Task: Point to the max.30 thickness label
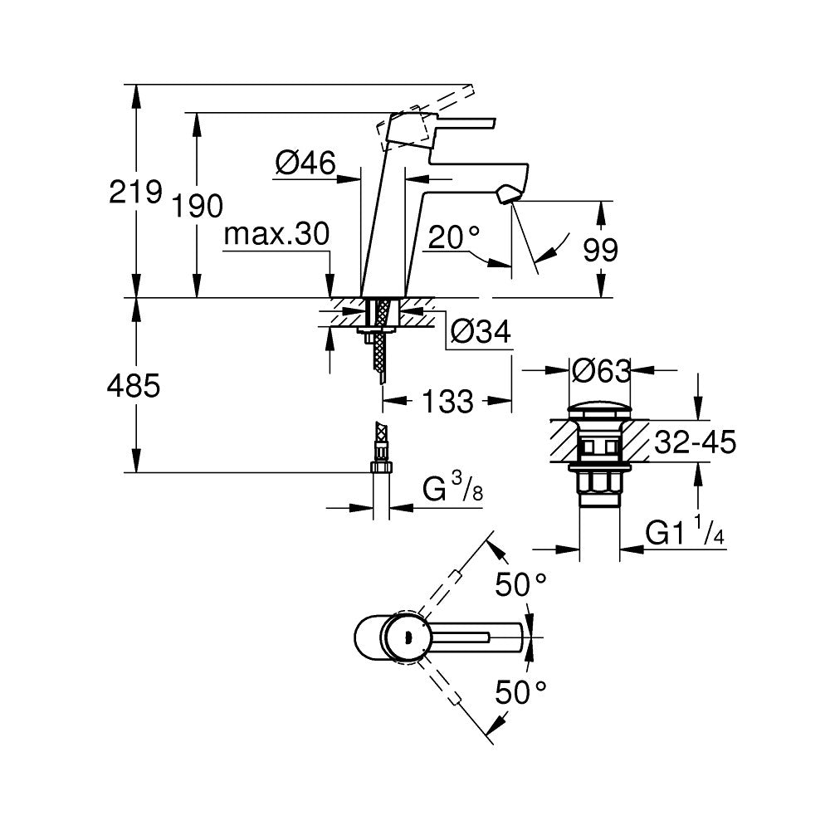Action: point(276,235)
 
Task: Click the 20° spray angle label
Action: point(454,239)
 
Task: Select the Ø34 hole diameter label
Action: point(480,332)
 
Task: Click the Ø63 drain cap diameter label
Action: point(601,369)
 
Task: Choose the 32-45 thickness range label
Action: point(695,442)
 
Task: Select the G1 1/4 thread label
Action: point(686,533)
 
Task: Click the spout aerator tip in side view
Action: point(505,196)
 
